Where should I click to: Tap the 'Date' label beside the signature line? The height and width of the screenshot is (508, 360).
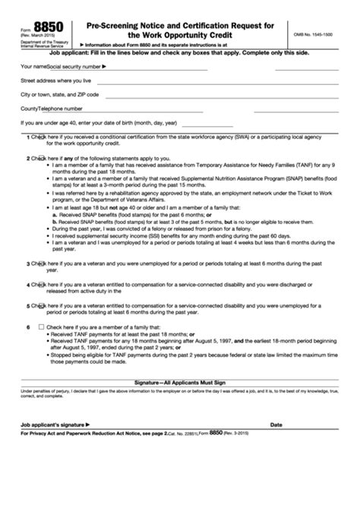(x=276, y=424)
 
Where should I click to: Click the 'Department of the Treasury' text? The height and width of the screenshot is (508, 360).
(x=35, y=40)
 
